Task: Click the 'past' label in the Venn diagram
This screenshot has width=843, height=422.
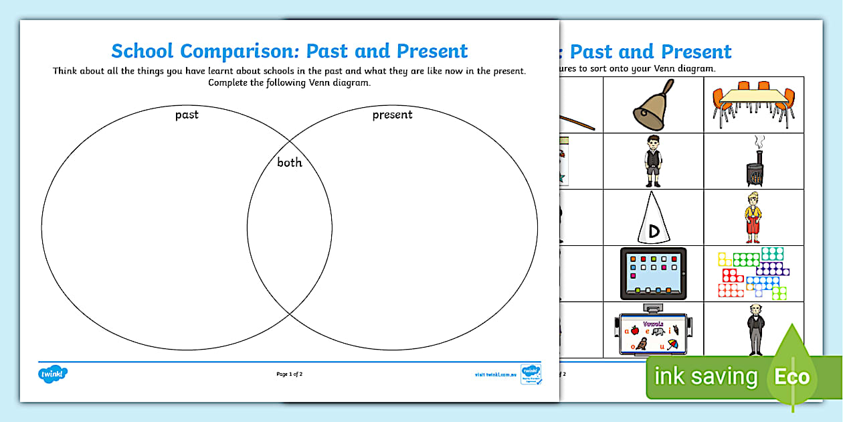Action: pos(187,115)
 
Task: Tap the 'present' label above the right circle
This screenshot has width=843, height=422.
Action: pos(392,115)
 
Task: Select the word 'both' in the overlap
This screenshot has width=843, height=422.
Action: pos(290,162)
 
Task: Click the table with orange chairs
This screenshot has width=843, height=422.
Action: pos(753,104)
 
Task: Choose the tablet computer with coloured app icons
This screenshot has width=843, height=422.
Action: pos(653,273)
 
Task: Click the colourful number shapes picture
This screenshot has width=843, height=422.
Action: pos(753,273)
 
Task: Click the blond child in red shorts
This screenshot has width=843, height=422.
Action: pos(753,216)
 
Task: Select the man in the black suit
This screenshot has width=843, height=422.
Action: pos(755,329)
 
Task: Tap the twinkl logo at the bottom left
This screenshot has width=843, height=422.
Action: pos(54,373)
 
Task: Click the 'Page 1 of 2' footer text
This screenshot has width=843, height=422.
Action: pos(290,374)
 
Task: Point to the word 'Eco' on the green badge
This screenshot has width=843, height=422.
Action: pos(792,376)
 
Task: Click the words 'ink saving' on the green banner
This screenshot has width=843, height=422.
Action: pos(706,376)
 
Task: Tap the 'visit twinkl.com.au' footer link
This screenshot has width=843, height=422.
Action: pos(496,374)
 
